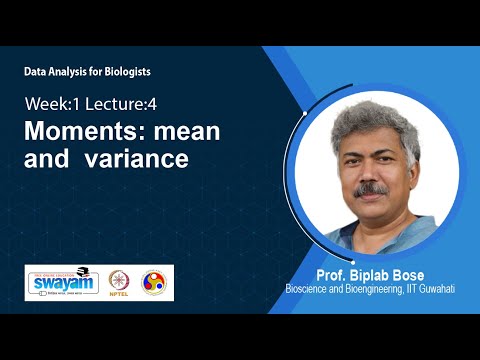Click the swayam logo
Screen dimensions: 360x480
coord(62,283)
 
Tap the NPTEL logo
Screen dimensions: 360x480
coord(119,283)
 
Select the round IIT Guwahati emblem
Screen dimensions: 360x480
coord(154,283)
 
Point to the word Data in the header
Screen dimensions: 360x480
coord(36,74)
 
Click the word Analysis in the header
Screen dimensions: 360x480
coord(72,74)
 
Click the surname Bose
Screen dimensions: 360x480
coord(418,275)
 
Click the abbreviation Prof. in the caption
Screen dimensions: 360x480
coord(331,275)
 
